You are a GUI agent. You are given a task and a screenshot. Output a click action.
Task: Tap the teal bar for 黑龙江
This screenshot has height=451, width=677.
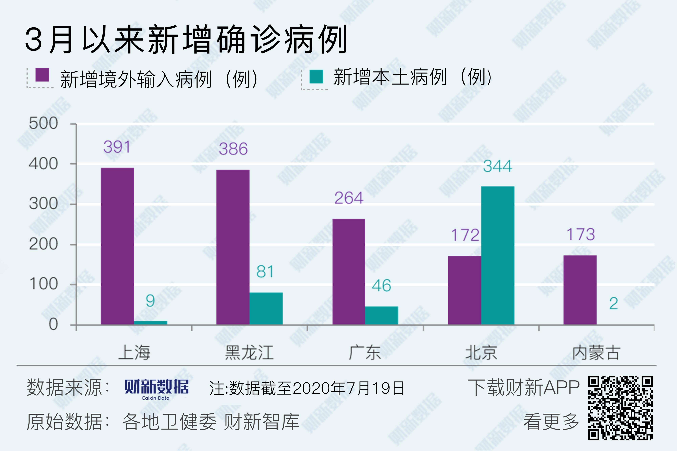266,308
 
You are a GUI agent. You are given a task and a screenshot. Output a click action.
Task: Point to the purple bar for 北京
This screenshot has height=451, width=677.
464,290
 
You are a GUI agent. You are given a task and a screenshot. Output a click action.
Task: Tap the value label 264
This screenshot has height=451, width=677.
349,198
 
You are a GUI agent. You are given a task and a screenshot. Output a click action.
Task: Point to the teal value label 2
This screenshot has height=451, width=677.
613,304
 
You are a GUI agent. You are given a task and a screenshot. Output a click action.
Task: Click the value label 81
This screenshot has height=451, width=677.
265,272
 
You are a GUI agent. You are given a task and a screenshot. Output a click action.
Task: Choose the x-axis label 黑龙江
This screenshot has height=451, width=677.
249,353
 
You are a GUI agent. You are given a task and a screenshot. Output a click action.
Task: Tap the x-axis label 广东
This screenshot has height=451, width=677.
365,353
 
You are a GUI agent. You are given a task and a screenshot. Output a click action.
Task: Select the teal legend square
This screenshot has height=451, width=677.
316,76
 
